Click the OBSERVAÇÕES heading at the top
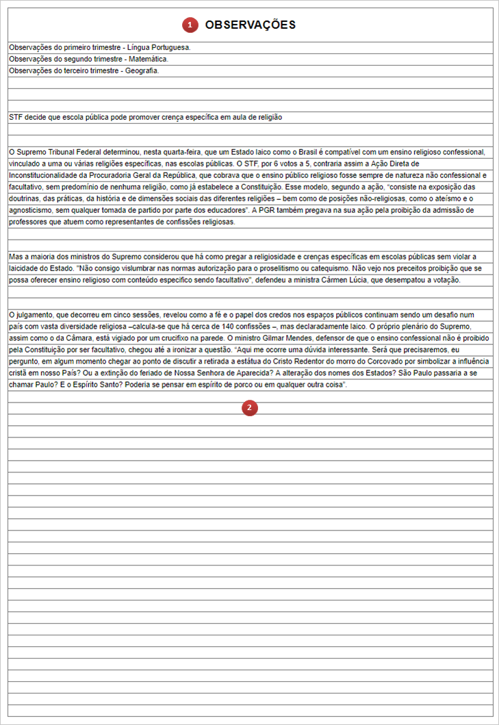(250, 25)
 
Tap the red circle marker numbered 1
(190, 25)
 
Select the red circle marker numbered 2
(249, 408)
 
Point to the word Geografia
(142, 71)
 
